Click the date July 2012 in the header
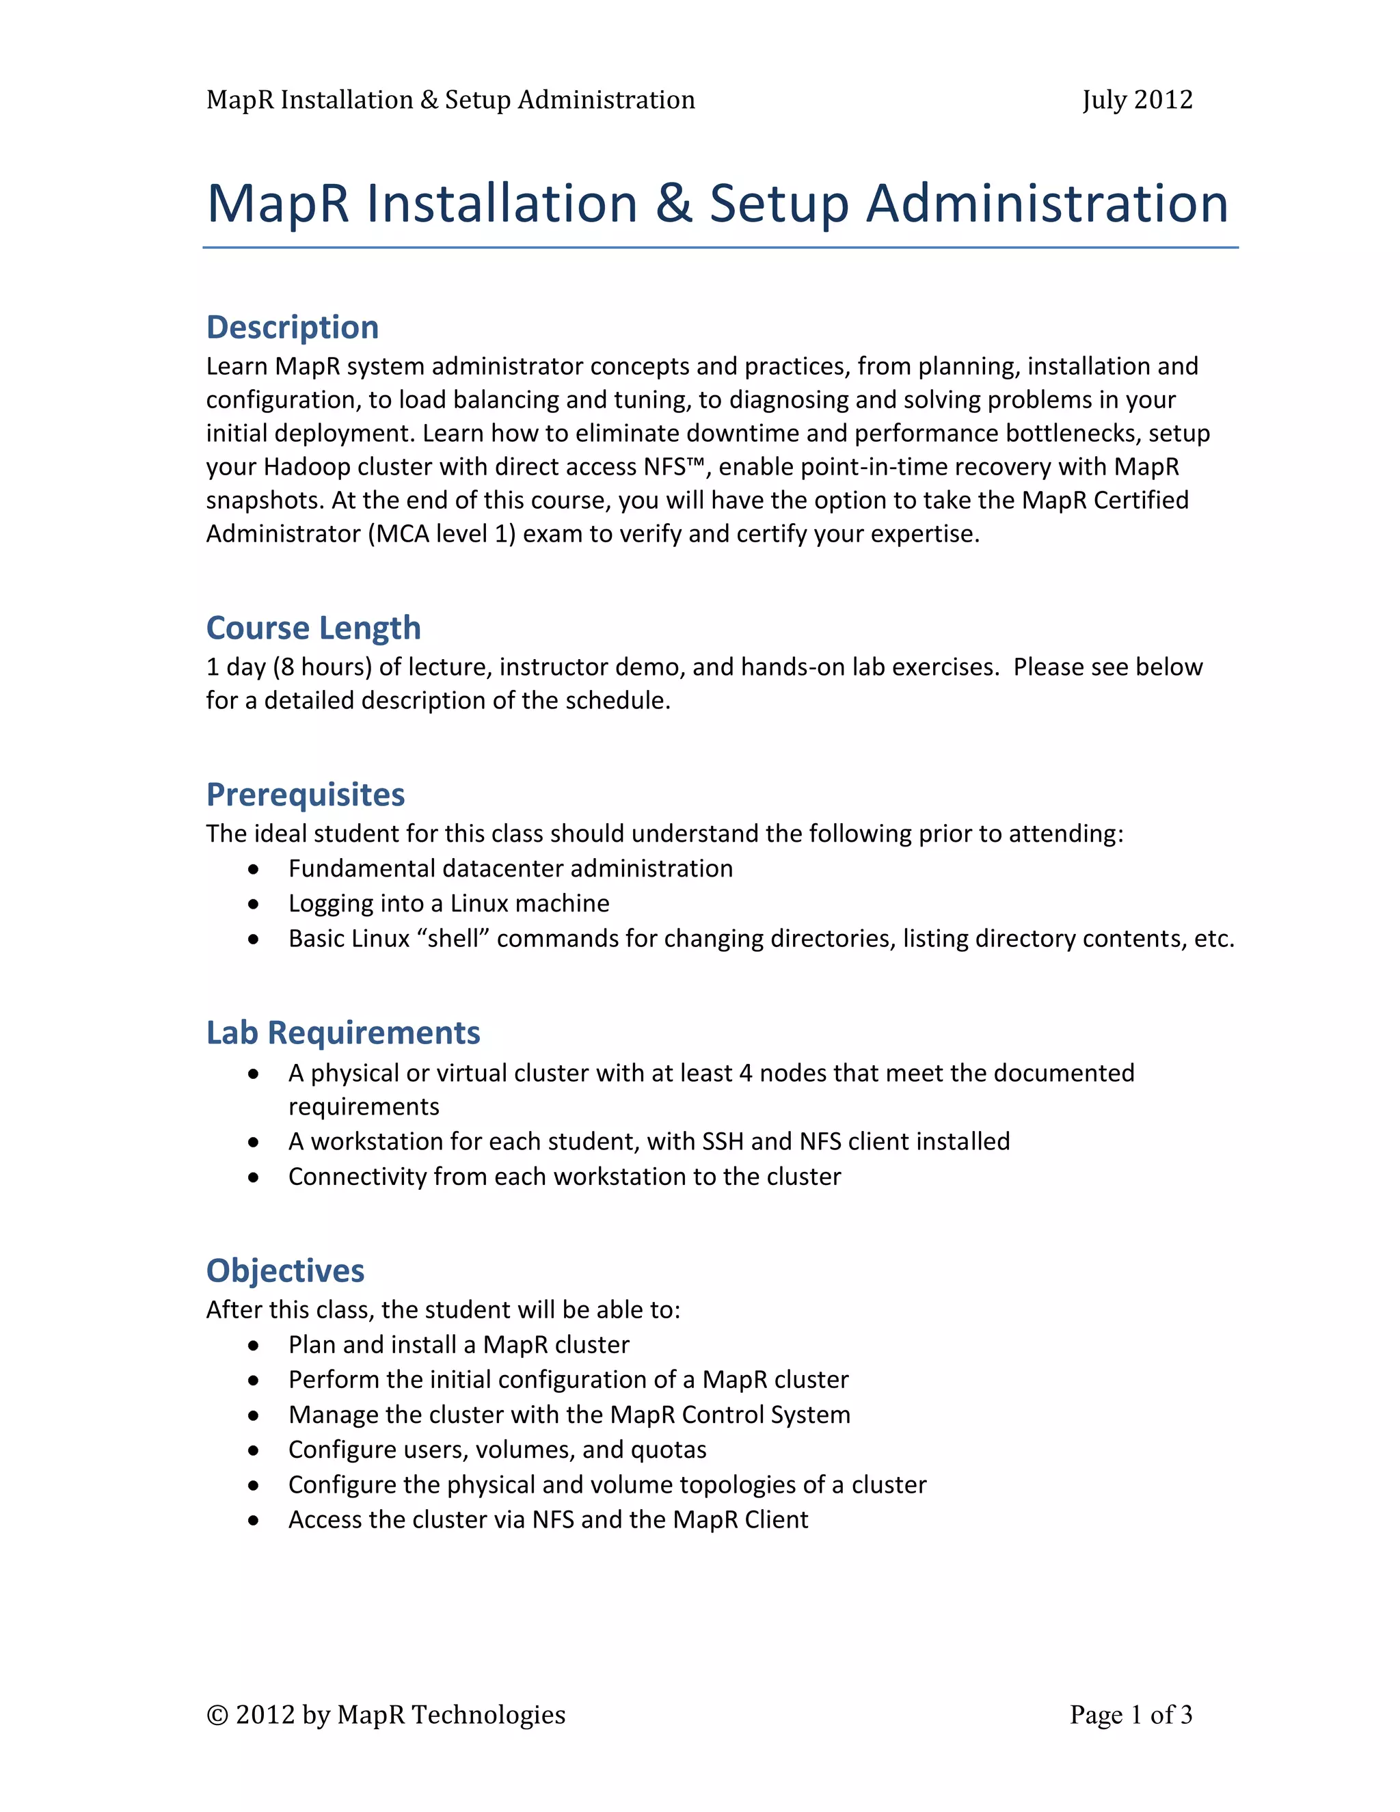pos(1136,100)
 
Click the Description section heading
pos(292,327)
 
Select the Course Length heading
pos(314,628)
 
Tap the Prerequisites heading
pos(305,795)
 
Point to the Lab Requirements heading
pos(342,1033)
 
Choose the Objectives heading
pos(284,1271)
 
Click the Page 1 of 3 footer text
pos(1131,1714)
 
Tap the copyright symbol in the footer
pos(217,1715)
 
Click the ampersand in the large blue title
pos(673,204)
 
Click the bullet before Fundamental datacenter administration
pos(254,870)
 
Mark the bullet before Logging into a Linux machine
pos(254,905)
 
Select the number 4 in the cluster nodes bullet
pos(745,1074)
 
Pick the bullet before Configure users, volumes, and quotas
pos(254,1450)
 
